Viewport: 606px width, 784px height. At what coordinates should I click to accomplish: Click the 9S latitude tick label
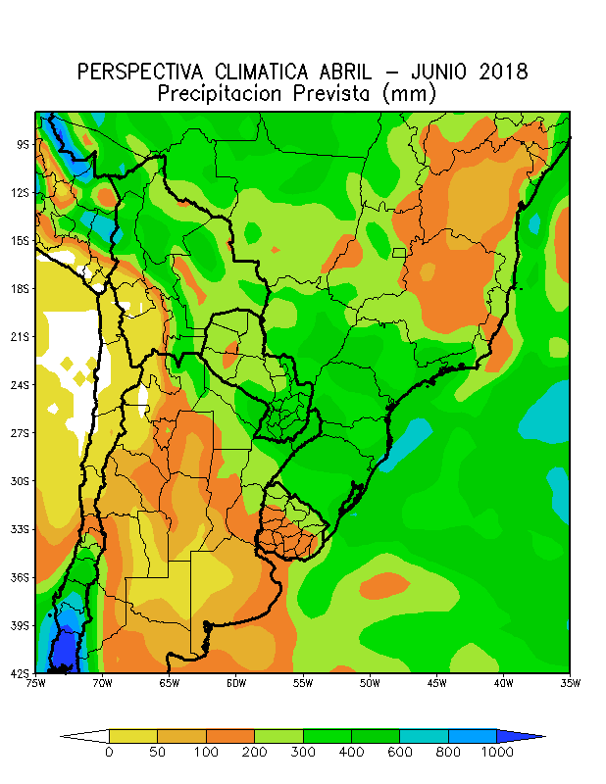pyautogui.click(x=22, y=144)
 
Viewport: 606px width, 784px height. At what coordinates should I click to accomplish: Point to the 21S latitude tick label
pyautogui.click(x=22, y=336)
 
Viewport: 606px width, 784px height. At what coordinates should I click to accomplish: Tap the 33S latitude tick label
pyautogui.click(x=22, y=529)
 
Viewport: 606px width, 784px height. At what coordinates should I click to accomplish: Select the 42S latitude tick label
pyautogui.click(x=22, y=672)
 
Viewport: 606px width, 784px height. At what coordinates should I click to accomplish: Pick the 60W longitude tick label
pyautogui.click(x=235, y=683)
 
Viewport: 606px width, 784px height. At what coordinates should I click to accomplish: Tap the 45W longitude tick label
pyautogui.click(x=436, y=683)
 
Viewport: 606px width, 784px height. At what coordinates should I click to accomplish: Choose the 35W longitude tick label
pyautogui.click(x=570, y=683)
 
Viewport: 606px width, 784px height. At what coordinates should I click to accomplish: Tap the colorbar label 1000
pyautogui.click(x=496, y=752)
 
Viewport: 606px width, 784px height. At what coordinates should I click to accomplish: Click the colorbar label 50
pyautogui.click(x=157, y=752)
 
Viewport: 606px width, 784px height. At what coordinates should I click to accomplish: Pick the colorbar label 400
pyautogui.click(x=351, y=752)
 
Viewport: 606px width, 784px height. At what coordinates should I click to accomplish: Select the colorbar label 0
pyautogui.click(x=109, y=752)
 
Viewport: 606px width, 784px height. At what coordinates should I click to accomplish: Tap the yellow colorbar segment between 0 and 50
pyautogui.click(x=132, y=735)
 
